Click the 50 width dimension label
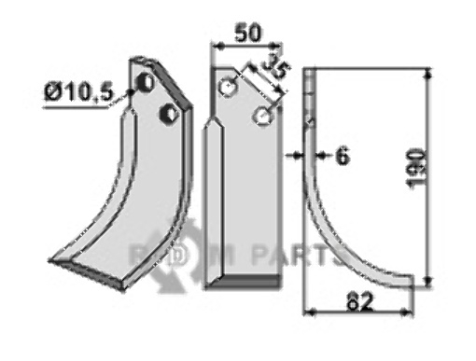point(247,33)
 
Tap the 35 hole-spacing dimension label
point(275,68)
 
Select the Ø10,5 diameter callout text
point(78,92)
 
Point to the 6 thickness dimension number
point(343,156)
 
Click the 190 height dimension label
point(417,169)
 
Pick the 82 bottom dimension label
point(360,301)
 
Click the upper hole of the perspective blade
point(147,82)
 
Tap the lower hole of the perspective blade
point(169,114)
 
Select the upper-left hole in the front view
point(229,87)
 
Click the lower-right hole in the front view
point(264,116)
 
